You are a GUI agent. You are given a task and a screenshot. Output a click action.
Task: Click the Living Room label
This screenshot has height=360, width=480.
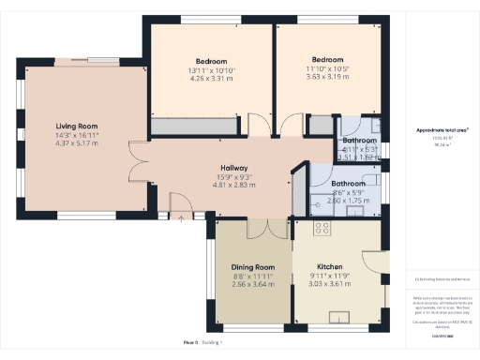pyautogui.click(x=76, y=126)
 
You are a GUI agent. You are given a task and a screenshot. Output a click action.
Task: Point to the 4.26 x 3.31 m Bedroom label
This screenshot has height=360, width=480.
pyautogui.click(x=211, y=78)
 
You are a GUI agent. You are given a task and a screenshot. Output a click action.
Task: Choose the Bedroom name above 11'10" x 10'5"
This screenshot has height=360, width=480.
pyautogui.click(x=328, y=59)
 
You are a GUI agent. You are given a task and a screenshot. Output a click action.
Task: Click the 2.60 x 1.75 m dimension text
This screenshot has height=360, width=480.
pyautogui.click(x=348, y=200)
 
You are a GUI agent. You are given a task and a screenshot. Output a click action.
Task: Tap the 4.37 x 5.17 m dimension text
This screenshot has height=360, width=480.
pyautogui.click(x=76, y=142)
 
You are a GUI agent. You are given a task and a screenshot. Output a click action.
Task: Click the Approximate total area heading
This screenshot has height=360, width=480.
pyautogui.click(x=442, y=130)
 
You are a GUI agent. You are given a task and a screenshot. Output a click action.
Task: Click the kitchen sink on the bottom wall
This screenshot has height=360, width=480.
pyautogui.click(x=341, y=319)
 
